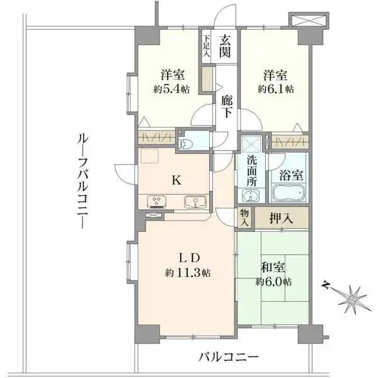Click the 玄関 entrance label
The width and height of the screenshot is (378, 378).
[x=226, y=47]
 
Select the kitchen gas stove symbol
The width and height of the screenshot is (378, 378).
[x=156, y=202]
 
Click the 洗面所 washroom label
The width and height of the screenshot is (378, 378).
[x=251, y=170]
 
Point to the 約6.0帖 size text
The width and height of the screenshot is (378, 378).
[x=273, y=282]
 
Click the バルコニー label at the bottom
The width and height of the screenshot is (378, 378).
[x=228, y=358]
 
